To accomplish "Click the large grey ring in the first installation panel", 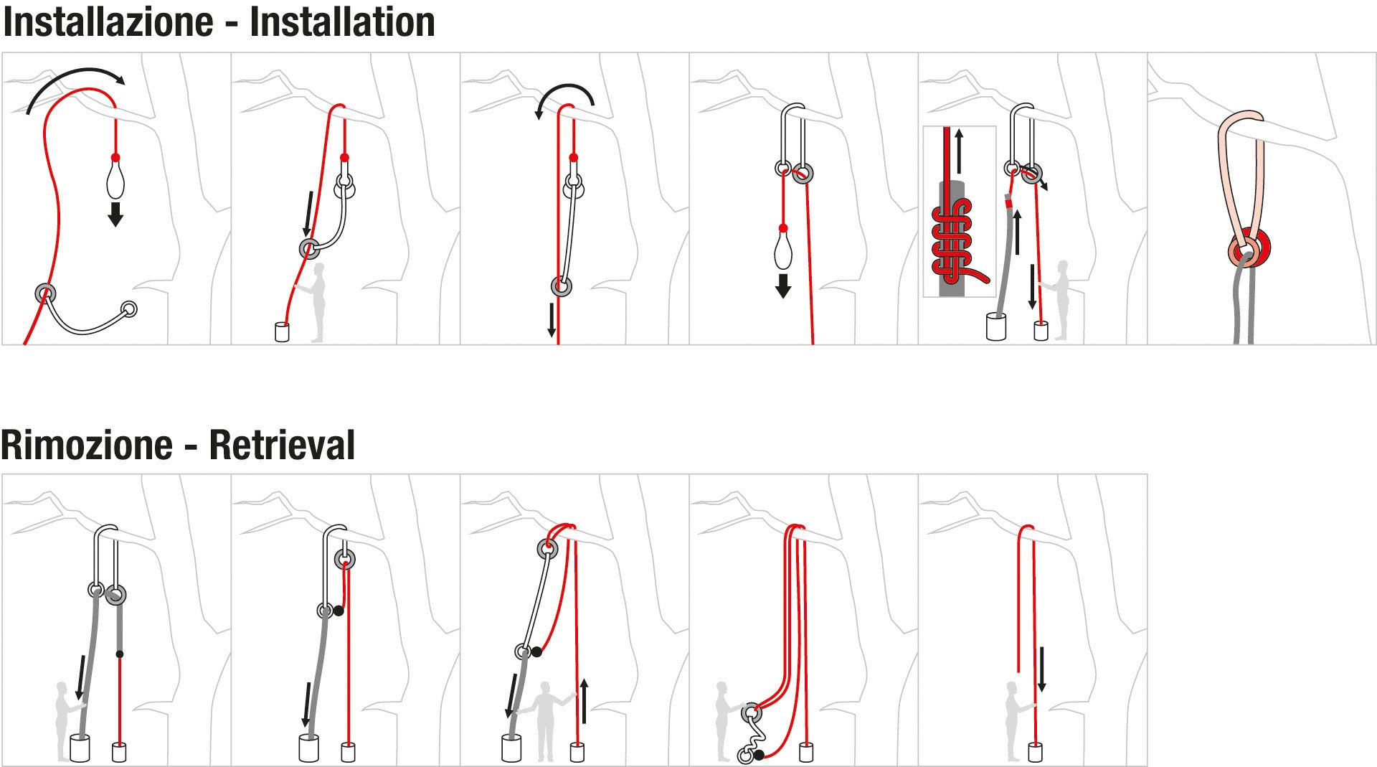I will (x=45, y=293).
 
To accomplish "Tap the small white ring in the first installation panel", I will (x=129, y=309).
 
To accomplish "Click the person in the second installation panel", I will (x=316, y=301).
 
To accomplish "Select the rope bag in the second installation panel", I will (x=282, y=332).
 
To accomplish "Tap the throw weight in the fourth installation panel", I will (x=782, y=248).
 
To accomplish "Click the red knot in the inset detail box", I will (x=952, y=240).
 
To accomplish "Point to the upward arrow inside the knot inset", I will (x=959, y=151).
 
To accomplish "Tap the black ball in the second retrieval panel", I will (x=339, y=611).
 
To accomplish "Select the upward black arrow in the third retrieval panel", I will (x=585, y=701).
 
